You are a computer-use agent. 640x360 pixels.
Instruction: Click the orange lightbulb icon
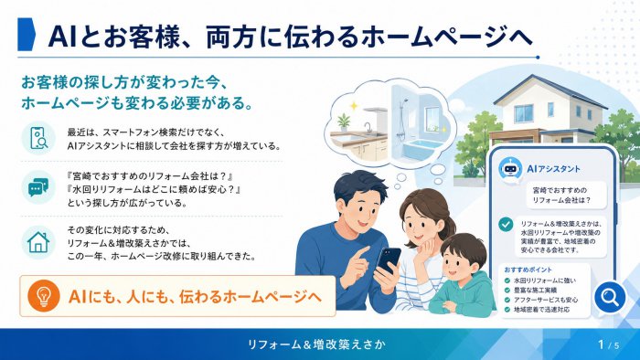(x=44, y=296)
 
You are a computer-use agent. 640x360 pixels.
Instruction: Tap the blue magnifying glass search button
(x=610, y=297)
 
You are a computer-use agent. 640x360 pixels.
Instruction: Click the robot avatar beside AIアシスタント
(x=510, y=168)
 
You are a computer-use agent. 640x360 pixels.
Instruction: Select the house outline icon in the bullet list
(x=38, y=242)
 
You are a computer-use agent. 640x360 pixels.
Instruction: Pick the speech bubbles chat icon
(x=38, y=188)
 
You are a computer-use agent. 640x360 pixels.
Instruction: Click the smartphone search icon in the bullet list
(x=38, y=138)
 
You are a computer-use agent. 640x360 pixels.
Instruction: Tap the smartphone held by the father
(x=389, y=261)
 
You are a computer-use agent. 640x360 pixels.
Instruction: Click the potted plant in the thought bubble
(x=343, y=122)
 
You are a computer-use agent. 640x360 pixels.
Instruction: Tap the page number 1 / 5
(x=608, y=344)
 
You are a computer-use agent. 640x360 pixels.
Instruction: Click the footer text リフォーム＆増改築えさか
(x=316, y=344)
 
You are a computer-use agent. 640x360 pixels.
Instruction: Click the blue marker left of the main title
(x=27, y=34)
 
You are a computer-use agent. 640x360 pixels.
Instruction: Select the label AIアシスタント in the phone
(x=553, y=169)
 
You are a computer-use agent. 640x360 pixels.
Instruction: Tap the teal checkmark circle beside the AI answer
(x=506, y=224)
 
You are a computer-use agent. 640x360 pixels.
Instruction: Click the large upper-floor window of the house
(x=524, y=113)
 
